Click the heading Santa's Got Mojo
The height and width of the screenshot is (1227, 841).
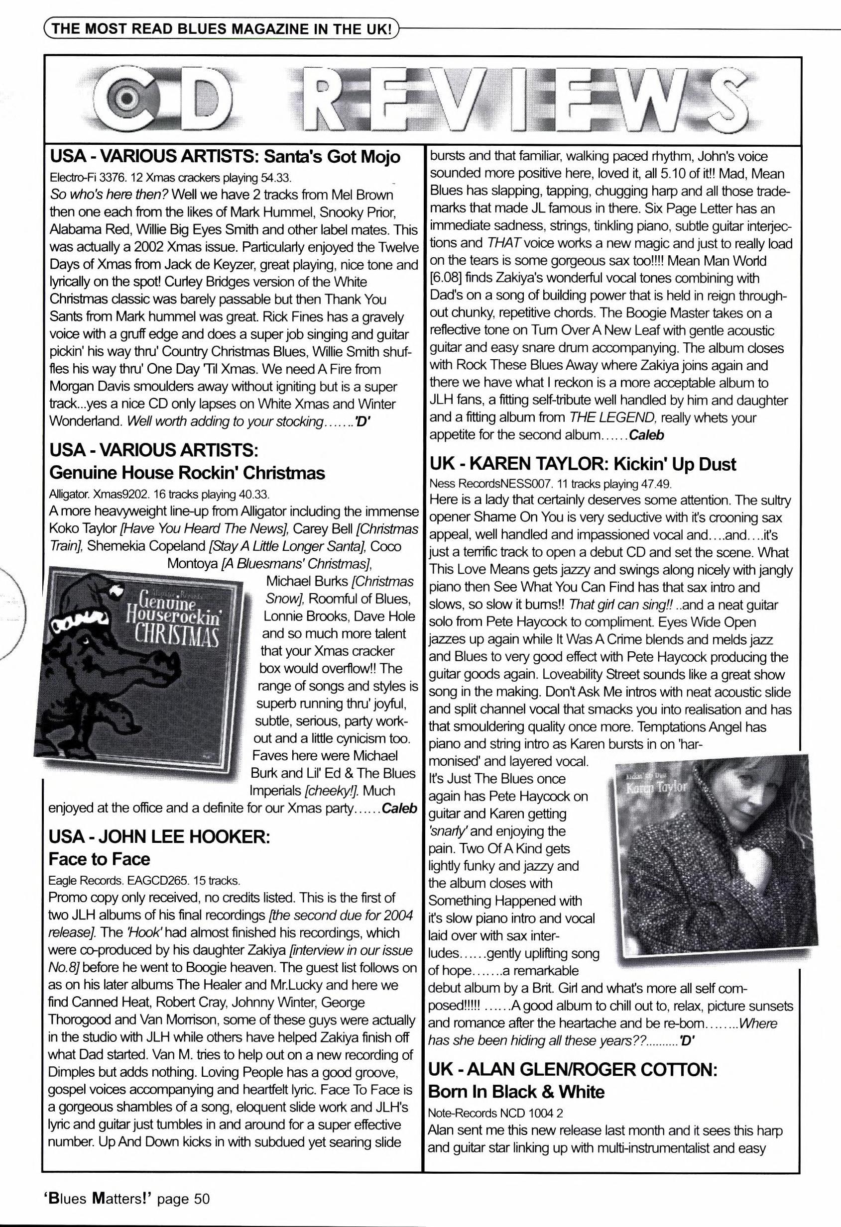(332, 157)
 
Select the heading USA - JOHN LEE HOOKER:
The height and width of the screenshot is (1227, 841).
(159, 837)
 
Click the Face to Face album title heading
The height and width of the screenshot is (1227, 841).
(99, 859)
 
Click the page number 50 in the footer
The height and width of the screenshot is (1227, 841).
(202, 1199)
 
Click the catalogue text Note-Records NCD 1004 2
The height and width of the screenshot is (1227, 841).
(495, 1113)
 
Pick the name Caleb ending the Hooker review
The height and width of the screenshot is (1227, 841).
(647, 435)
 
